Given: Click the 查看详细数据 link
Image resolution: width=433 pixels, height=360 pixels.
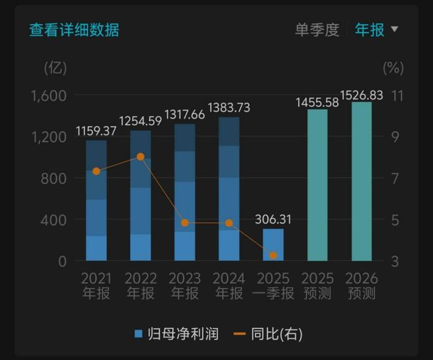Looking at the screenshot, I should (74, 30).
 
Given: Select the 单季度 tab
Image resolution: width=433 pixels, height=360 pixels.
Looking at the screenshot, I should (317, 30).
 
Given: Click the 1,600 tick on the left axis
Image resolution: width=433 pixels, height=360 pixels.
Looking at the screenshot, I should (49, 96).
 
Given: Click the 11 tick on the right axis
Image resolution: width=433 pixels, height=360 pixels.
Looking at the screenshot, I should (397, 96).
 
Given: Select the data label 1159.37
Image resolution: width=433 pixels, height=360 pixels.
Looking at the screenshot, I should (96, 131).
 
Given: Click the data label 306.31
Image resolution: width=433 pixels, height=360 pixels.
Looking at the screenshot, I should (274, 220).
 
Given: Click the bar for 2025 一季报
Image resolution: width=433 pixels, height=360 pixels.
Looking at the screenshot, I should (274, 245).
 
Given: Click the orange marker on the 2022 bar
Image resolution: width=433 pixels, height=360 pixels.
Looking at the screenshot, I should (140, 157).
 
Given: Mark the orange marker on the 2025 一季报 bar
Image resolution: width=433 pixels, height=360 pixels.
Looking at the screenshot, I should (274, 255).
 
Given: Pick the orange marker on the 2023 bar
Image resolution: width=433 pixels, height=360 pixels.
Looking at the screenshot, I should (185, 223).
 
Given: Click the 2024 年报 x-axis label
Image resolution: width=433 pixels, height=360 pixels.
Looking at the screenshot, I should (229, 286).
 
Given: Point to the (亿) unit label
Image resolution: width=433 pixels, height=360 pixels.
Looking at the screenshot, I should (55, 67).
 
